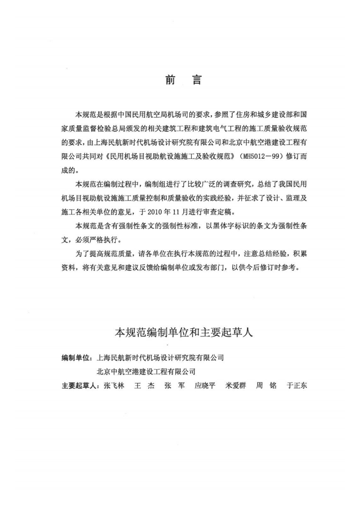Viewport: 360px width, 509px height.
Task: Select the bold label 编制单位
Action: (76, 358)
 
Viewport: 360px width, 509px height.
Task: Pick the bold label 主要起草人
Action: (80, 386)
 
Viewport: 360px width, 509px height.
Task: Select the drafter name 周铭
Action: (266, 386)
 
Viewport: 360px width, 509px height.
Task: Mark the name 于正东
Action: (297, 386)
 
